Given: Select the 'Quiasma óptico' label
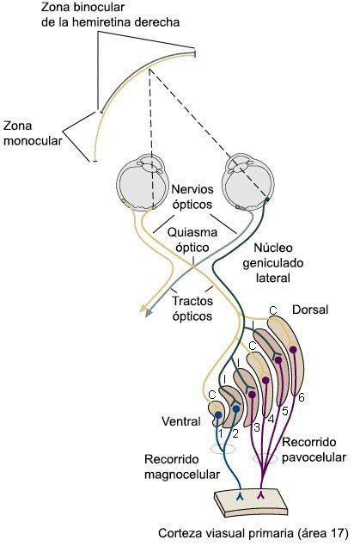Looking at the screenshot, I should tap(193, 238).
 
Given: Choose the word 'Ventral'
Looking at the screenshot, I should tap(181, 421).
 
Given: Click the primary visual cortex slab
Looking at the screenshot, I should tap(249, 502).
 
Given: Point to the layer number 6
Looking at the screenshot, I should tap(302, 398).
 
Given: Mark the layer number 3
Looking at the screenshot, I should tap(256, 426).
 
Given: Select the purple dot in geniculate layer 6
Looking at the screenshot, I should tap(294, 348).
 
